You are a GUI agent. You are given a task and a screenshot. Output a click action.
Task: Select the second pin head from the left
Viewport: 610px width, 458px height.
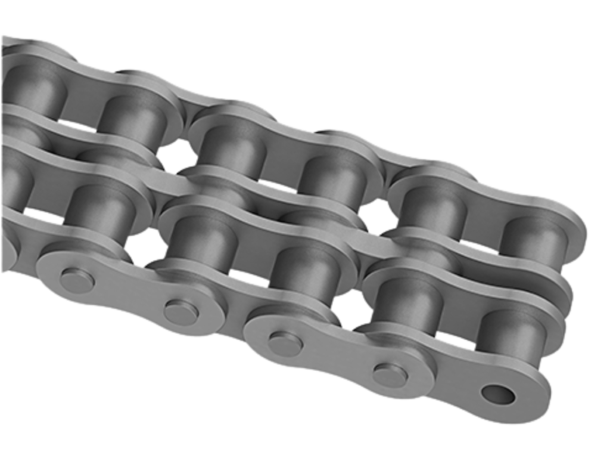click(x=182, y=311)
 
